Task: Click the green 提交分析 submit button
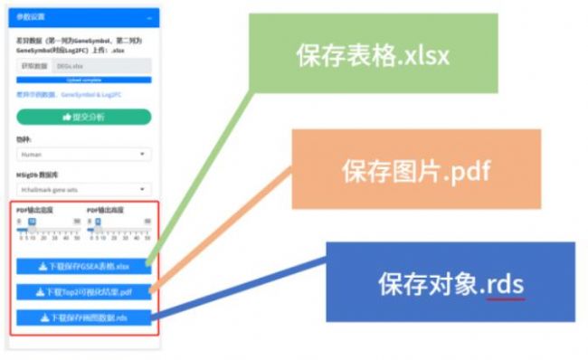(84, 117)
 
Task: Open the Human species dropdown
(84, 155)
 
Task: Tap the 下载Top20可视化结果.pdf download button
(84, 292)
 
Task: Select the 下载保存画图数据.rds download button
(84, 317)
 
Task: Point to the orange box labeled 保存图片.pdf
(415, 169)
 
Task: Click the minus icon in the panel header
(149, 17)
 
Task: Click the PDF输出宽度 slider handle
(32, 221)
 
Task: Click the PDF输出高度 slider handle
(98, 221)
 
